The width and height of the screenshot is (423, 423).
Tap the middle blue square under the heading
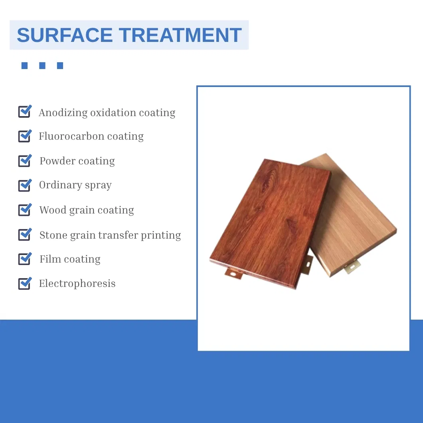(42, 65)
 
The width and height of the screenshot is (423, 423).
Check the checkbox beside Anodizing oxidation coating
(24, 112)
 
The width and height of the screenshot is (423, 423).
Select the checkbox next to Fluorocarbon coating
(24, 136)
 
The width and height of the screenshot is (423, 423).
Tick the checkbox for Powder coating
(24, 161)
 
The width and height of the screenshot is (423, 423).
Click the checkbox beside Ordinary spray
(24, 185)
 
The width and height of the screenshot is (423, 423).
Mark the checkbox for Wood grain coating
(24, 210)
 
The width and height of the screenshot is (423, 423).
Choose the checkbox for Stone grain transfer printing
(24, 235)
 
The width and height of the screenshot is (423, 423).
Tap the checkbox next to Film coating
(24, 259)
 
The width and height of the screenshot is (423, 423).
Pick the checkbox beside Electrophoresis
(24, 283)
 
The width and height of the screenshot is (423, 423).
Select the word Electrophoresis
(77, 284)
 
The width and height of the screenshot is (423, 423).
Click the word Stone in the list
(53, 235)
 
